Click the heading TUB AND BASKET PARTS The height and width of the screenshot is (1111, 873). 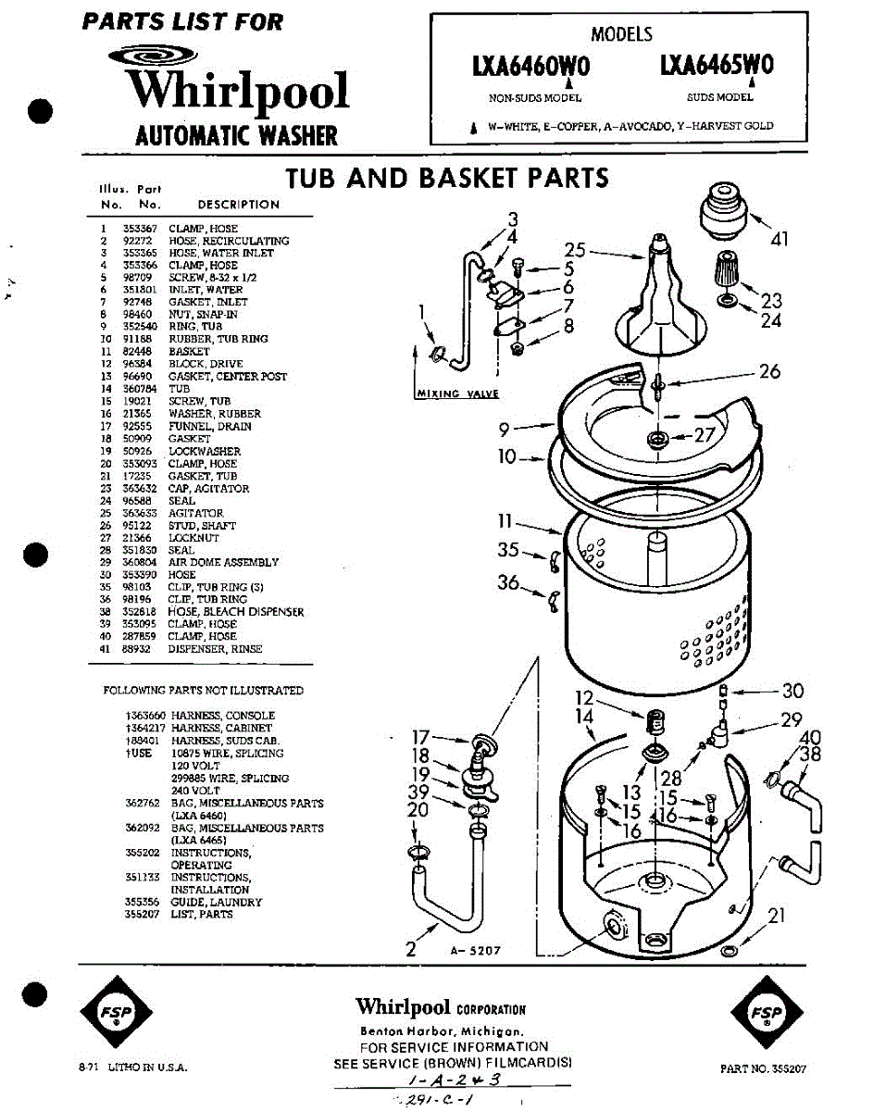coord(446,178)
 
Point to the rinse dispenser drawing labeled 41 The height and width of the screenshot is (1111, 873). coord(723,211)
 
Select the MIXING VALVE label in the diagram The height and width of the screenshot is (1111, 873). coord(457,393)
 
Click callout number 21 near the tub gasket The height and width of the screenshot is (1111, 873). coord(777,916)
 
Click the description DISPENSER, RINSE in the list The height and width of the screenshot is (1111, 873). coord(215,649)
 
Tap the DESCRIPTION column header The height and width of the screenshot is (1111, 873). coord(238,205)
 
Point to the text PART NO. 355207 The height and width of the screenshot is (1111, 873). coord(763,1068)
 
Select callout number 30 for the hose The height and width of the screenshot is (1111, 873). coord(792,691)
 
